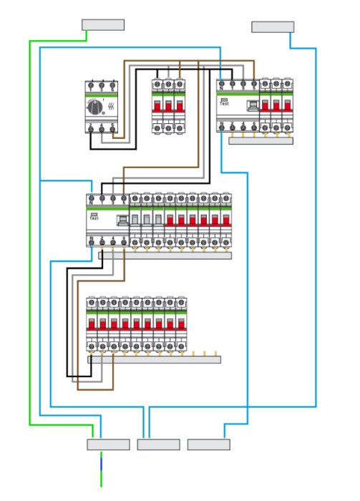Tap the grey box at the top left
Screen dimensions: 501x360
103,25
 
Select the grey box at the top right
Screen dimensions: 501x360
273,27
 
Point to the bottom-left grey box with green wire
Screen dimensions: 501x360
108,444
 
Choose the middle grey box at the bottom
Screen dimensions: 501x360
158,444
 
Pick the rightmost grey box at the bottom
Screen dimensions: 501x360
209,444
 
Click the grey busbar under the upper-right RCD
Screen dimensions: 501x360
261,141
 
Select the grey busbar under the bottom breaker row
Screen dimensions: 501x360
154,359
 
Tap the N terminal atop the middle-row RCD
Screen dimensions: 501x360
92,198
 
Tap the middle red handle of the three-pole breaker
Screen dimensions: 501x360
167,107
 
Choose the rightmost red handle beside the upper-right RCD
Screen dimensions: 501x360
286,107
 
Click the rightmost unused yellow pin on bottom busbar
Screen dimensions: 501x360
216,353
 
